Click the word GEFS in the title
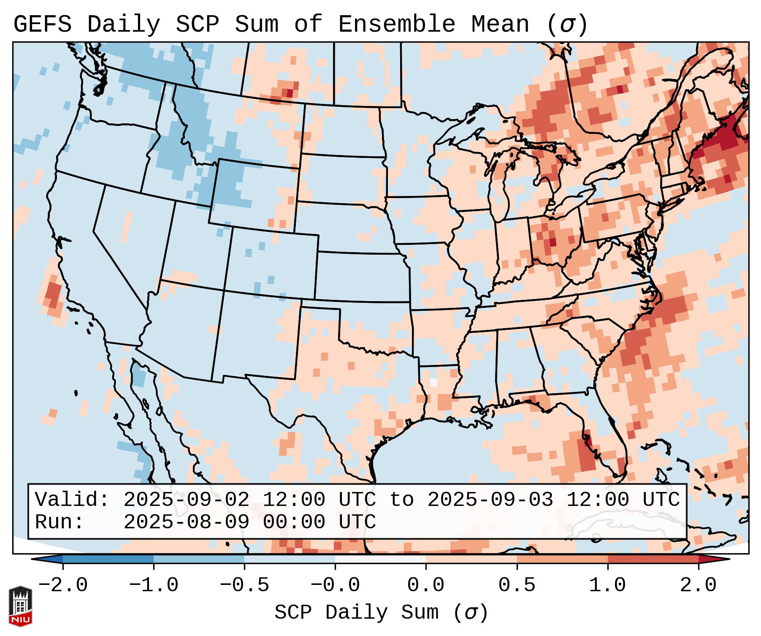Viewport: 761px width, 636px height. [42, 24]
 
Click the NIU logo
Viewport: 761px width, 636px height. [20, 606]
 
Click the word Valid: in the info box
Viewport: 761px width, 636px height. [72, 500]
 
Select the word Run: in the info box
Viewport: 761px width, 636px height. [60, 522]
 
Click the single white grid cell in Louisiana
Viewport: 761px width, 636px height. [433, 382]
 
